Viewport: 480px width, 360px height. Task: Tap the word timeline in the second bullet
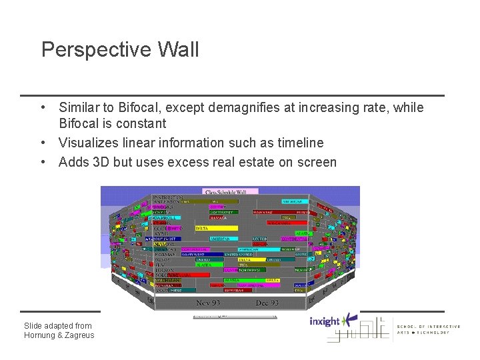(300, 143)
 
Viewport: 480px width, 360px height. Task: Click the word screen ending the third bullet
(315, 162)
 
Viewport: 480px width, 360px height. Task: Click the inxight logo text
(325, 322)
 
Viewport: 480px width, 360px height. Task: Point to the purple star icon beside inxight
(349, 321)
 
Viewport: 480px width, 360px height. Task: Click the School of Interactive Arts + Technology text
(428, 329)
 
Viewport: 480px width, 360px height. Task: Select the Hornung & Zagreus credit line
(59, 335)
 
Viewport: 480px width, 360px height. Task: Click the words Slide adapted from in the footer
(58, 325)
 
